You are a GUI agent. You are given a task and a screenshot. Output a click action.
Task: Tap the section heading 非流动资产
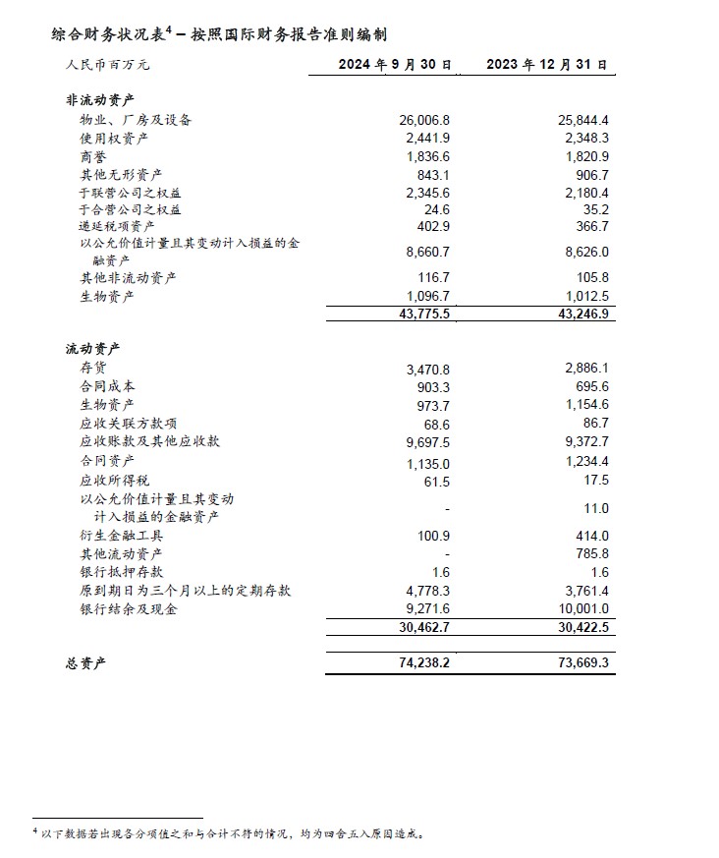(99, 99)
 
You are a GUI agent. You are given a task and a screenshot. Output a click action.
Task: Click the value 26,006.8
(424, 120)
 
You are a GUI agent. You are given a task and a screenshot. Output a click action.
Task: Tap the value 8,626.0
(583, 252)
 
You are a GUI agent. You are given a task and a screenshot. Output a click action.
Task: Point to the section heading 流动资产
(92, 348)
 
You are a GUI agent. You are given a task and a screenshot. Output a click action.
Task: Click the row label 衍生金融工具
(121, 536)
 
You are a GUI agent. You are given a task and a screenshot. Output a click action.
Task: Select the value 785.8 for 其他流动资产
(589, 553)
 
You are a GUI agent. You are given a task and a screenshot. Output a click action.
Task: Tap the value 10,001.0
(581, 609)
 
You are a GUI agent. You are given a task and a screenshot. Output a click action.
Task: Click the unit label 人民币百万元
(109, 66)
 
